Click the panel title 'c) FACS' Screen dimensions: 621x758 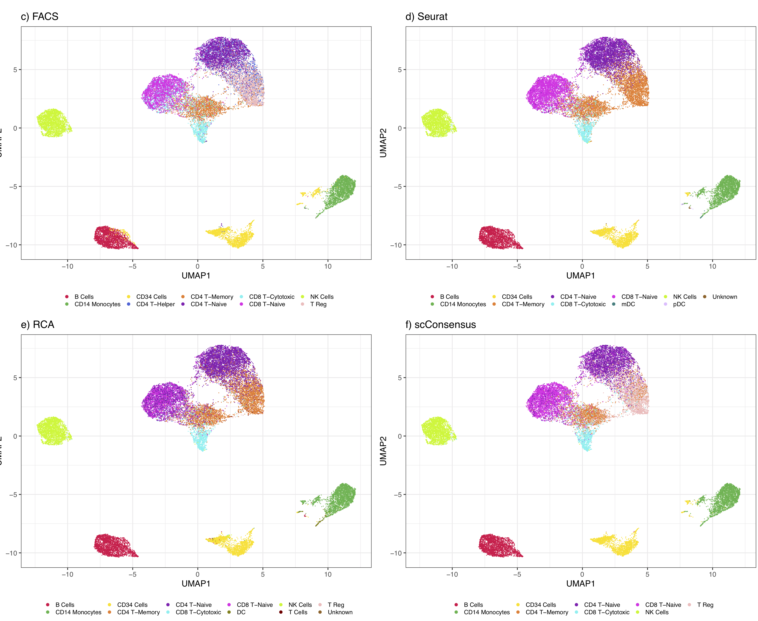coord(39,16)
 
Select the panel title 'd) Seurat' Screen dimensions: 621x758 coord(426,16)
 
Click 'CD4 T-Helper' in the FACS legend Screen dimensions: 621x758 coord(155,304)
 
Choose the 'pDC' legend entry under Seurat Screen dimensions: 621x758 coord(679,304)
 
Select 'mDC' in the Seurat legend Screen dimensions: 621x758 coord(628,304)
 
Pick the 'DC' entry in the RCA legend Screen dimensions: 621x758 coord(241,612)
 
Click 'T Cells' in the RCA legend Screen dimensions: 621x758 coord(298,612)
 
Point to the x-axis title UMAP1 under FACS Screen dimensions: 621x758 coord(196,275)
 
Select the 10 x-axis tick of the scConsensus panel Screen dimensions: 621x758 coord(712,575)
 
